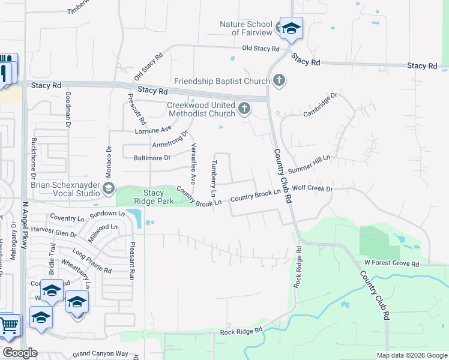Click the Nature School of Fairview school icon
[x=291, y=28]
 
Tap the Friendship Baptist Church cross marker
[x=279, y=80]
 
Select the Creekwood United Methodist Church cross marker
[x=244, y=109]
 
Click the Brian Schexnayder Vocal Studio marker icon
[x=109, y=190]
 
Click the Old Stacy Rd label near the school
[x=261, y=49]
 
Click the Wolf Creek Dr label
[x=312, y=189]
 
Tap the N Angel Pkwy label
[x=25, y=225]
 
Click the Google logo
[x=20, y=353]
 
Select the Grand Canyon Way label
[x=100, y=354]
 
